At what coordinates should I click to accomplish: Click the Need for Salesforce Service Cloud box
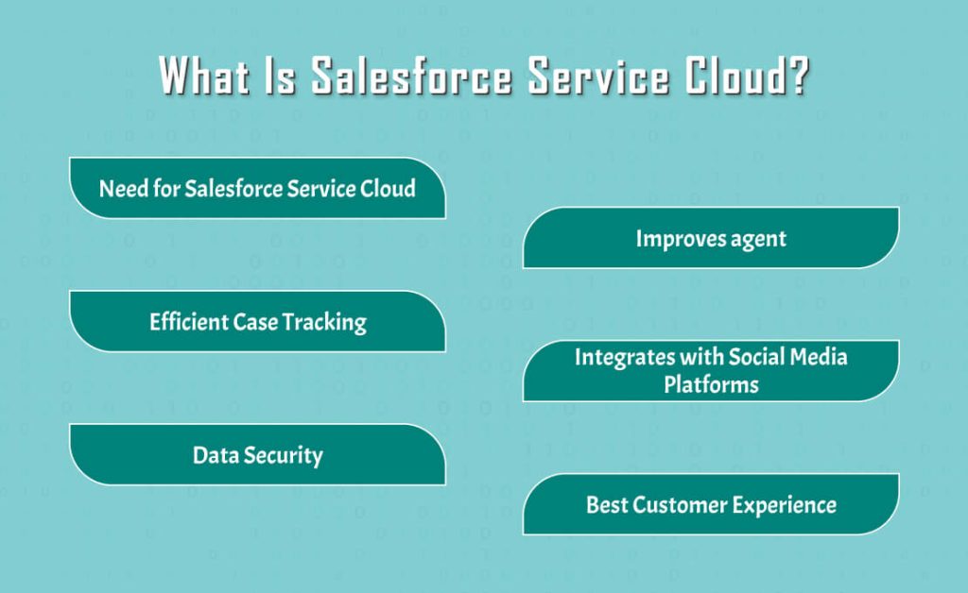coord(257,188)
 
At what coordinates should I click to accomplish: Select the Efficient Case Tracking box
coord(257,322)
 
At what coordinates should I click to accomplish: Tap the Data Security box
coord(257,455)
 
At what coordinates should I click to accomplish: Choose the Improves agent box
coord(711,238)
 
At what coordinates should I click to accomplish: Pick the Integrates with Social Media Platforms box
coord(711,371)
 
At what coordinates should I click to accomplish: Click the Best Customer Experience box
coord(711,504)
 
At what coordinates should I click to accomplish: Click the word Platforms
coord(711,384)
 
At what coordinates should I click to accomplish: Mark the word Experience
coord(787,504)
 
